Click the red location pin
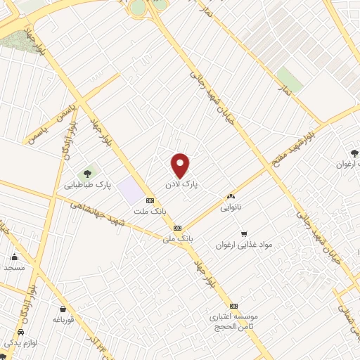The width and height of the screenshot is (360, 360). (181, 165)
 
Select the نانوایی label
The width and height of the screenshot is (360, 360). (231, 207)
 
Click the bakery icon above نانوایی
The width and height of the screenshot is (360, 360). (230, 197)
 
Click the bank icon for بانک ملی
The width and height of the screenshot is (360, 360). (177, 228)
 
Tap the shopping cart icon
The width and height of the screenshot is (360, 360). (243, 233)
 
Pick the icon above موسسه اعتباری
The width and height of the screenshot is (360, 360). (234, 306)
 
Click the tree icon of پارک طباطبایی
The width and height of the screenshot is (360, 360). (88, 172)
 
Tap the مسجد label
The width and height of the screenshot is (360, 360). (14, 268)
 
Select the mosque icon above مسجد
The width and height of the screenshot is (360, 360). (14, 257)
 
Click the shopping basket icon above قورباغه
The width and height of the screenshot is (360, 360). (64, 309)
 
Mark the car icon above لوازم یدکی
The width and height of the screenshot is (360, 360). (20, 331)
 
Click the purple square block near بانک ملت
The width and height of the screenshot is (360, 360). (129, 189)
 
